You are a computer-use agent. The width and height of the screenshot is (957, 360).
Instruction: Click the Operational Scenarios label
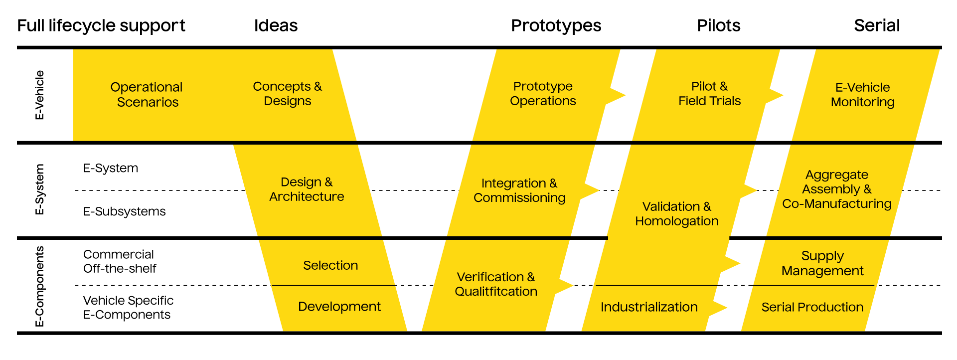click(x=147, y=94)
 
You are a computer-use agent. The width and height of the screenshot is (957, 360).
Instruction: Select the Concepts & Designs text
click(x=287, y=93)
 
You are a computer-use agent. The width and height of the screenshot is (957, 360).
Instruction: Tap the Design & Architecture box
click(x=307, y=189)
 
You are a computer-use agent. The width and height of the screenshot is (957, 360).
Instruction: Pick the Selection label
click(x=330, y=265)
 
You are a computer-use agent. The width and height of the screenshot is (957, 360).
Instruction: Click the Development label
click(x=339, y=307)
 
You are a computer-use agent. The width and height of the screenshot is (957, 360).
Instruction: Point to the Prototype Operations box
click(x=543, y=94)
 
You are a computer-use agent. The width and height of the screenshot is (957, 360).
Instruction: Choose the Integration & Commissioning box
click(x=519, y=190)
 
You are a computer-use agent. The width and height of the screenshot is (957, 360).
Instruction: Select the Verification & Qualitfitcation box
click(x=496, y=284)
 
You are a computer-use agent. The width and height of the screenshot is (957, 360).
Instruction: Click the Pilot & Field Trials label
click(x=709, y=94)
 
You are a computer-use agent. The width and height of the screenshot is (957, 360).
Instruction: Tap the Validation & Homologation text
click(x=676, y=214)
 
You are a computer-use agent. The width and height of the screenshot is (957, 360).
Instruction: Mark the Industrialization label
click(x=649, y=307)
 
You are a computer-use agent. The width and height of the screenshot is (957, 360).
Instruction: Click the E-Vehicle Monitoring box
click(x=862, y=95)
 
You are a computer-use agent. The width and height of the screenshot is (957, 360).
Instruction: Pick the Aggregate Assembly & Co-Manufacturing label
click(x=836, y=189)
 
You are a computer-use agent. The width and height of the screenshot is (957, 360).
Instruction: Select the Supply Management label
click(x=822, y=263)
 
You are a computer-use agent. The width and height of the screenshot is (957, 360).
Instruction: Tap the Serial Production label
click(x=812, y=307)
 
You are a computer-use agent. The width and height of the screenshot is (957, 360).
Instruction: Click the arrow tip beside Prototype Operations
click(x=625, y=95)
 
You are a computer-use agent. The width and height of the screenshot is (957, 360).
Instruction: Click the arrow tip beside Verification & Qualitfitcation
click(x=573, y=286)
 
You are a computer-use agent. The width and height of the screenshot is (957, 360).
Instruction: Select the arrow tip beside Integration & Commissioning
click(x=599, y=190)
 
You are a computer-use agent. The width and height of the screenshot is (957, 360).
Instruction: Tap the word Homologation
click(x=676, y=221)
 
